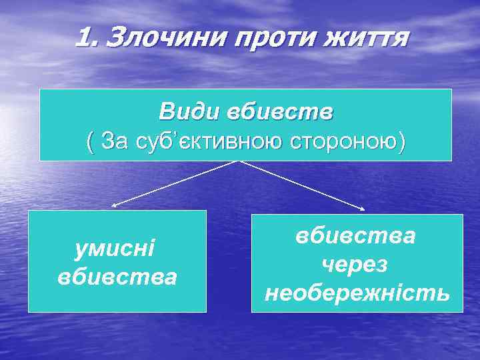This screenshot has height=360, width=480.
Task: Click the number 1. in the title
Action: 88,38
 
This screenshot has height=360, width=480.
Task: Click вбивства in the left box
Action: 117,276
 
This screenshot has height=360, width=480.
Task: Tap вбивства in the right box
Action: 357,236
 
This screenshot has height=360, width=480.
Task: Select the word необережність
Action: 357,293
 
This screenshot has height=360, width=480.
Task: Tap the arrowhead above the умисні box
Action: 114,206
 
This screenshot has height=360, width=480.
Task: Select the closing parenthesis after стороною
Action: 402,141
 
